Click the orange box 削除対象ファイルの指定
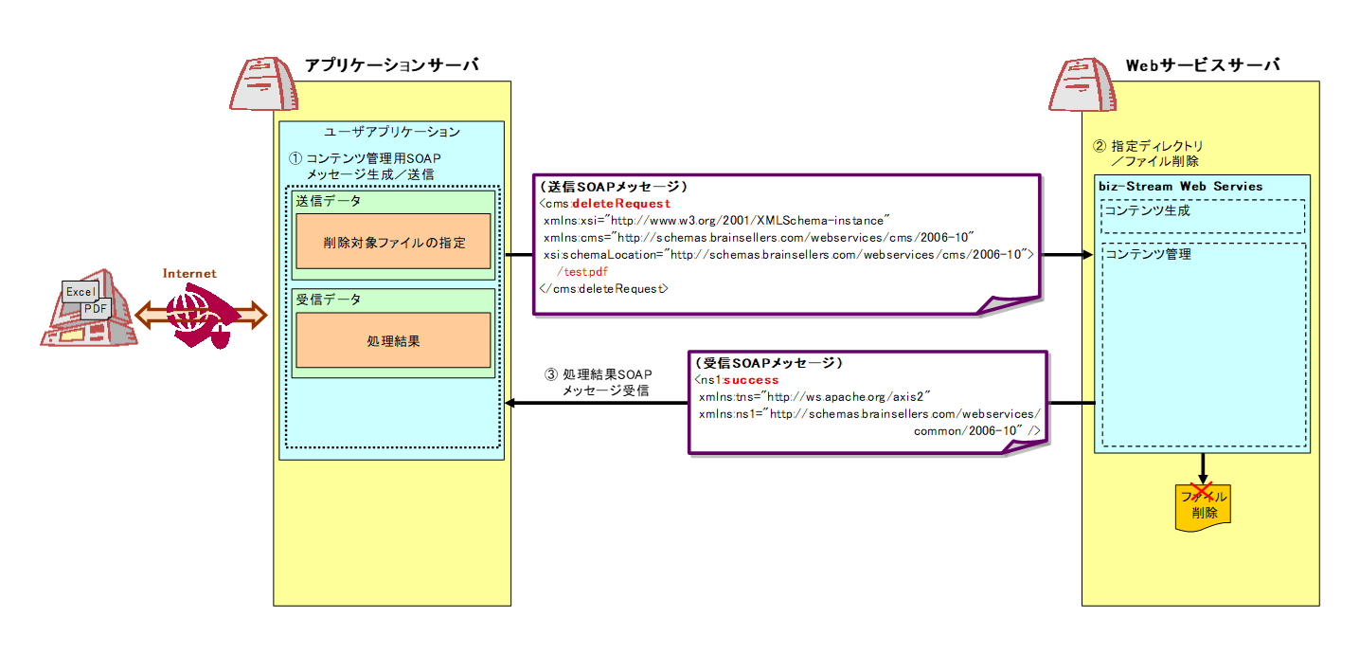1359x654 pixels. tap(393, 241)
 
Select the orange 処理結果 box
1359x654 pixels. tap(393, 340)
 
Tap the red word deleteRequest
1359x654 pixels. tap(620, 204)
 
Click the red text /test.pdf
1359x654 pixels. tap(582, 271)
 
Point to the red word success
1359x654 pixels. tap(750, 380)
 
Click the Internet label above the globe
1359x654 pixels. tap(189, 273)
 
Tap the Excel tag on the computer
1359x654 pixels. tap(80, 292)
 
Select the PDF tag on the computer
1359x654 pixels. tap(96, 308)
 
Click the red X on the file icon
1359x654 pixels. tap(1201, 492)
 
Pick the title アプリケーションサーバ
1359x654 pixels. tap(392, 65)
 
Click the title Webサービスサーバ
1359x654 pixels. tap(1203, 65)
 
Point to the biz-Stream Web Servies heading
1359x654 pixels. tap(1180, 187)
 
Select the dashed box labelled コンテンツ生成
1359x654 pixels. tap(1203, 217)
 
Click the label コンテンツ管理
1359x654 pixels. tap(1148, 254)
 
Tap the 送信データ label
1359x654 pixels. tap(329, 201)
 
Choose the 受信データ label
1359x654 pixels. tap(329, 300)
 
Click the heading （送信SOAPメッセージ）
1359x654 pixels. tap(614, 187)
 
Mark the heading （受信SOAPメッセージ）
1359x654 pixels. tap(769, 363)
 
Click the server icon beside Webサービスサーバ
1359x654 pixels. tap(1082, 84)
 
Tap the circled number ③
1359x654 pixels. tap(550, 374)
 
